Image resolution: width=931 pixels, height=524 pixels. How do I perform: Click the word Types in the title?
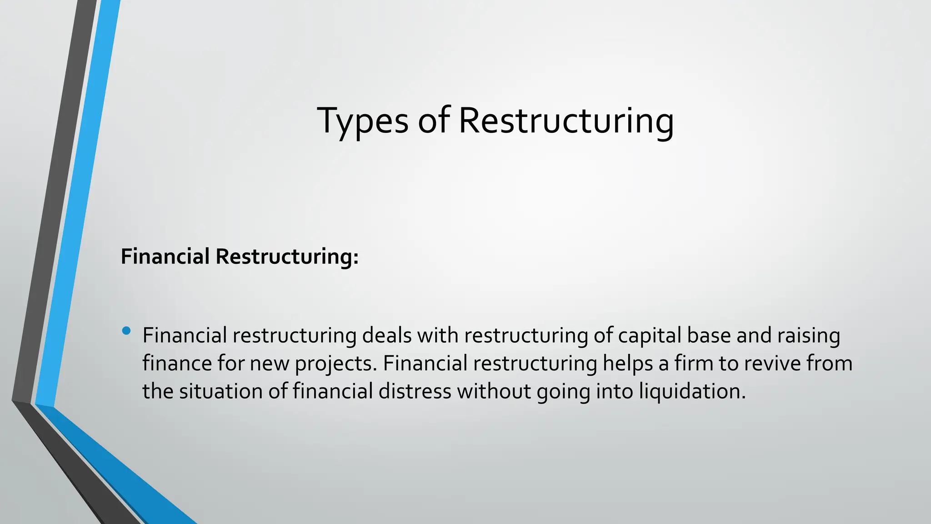[362, 121]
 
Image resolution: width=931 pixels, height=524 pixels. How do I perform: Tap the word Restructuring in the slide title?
[566, 121]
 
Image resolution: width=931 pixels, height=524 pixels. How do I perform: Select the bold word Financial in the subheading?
[165, 257]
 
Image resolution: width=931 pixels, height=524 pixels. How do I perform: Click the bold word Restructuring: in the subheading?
[287, 257]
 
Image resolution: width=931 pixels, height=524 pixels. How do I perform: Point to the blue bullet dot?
[126, 331]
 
